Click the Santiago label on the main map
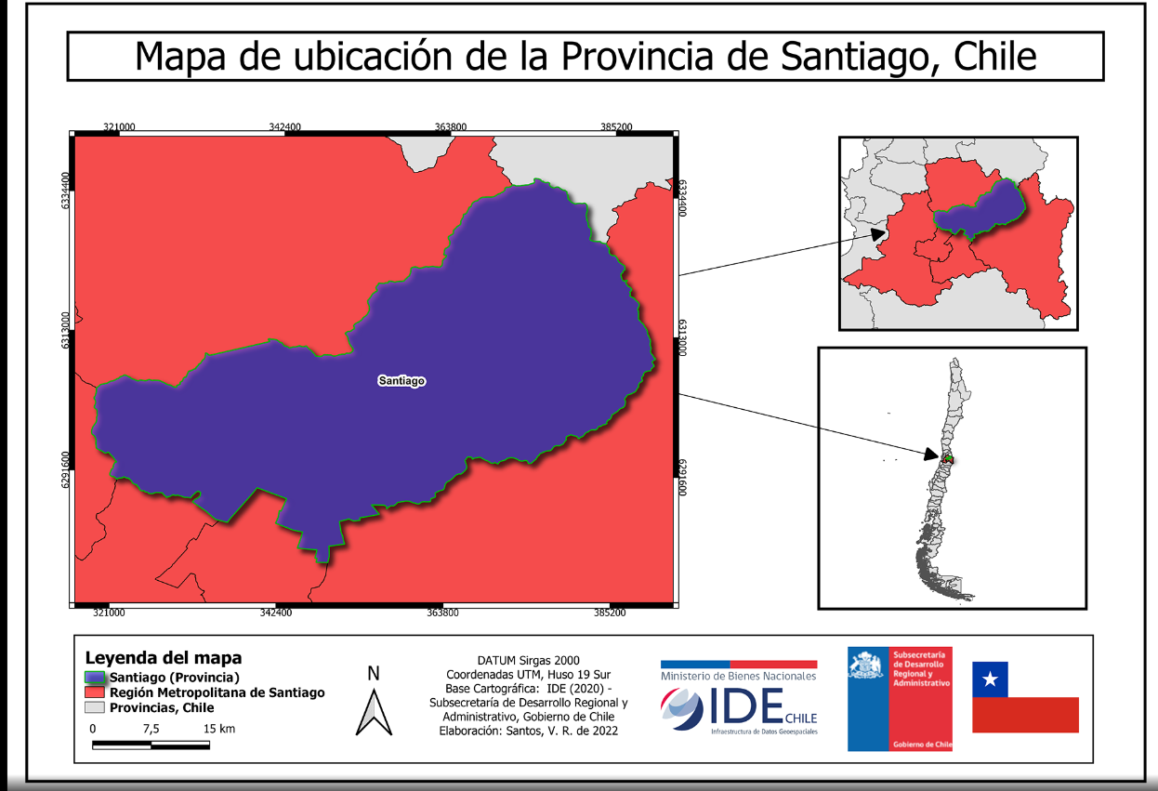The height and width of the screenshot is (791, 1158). pos(401,381)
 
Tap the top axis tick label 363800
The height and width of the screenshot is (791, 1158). pos(451,127)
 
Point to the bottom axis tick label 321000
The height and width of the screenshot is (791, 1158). pos(108,613)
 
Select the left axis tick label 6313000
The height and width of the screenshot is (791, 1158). pos(66,330)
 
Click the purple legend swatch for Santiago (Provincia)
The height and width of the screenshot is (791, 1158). pos(96,677)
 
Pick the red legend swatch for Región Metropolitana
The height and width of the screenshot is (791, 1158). pos(96,692)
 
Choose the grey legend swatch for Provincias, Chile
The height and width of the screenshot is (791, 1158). pos(96,707)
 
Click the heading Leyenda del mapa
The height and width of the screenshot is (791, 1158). pos(164,658)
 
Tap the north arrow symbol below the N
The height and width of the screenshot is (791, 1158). pos(374,713)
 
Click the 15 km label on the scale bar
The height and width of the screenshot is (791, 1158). pos(219,729)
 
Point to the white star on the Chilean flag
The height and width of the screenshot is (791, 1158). pos(990,679)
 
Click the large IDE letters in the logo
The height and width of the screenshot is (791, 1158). pos(743,707)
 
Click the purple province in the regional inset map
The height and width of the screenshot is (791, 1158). pos(980,209)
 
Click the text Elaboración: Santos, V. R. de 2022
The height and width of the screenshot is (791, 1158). pos(528,731)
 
